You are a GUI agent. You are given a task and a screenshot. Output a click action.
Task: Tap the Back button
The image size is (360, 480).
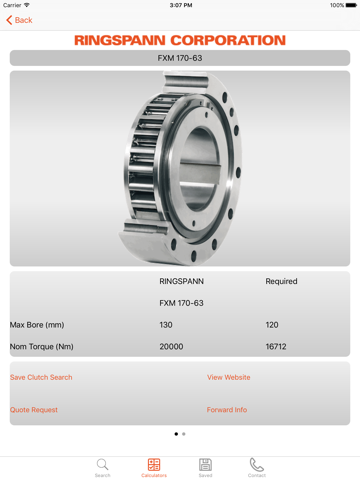(19, 20)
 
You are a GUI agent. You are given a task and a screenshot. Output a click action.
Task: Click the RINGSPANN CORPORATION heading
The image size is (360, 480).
(180, 40)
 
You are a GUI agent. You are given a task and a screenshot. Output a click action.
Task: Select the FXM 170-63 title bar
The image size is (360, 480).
(180, 58)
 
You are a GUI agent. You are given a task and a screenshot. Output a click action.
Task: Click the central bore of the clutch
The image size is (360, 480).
(200, 168)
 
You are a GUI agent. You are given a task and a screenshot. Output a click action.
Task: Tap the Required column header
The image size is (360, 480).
(281, 281)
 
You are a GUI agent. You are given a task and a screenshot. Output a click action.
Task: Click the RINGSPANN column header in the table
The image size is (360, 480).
(181, 281)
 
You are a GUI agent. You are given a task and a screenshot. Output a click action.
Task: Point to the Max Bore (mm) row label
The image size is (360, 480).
(37, 325)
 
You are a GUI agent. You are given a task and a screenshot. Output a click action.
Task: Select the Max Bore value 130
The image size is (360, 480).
(166, 325)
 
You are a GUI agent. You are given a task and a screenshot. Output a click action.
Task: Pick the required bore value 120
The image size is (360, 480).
(272, 325)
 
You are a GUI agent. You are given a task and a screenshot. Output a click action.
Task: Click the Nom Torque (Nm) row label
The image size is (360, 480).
(42, 347)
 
